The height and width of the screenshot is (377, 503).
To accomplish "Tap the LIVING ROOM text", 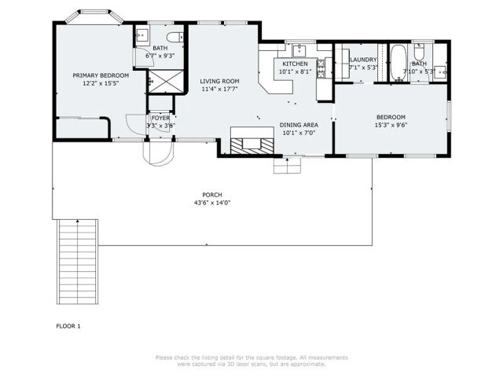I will [x=219, y=81].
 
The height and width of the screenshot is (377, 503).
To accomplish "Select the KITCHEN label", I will [x=295, y=64].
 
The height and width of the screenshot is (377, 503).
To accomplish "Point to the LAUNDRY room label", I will [x=363, y=60].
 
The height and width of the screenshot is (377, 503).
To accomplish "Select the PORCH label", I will [x=212, y=195].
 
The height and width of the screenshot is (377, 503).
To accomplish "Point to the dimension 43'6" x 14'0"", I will [x=212, y=203].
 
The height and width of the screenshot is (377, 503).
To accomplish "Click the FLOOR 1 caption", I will [x=68, y=325].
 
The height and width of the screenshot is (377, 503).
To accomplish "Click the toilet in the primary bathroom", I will [x=174, y=36].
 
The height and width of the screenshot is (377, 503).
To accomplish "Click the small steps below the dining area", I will [x=284, y=166].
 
